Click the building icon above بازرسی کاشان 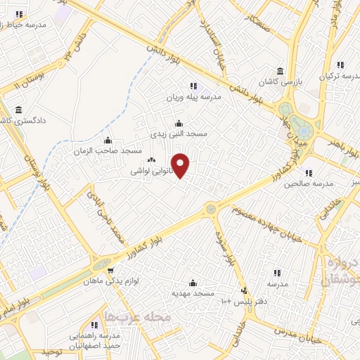(281, 71)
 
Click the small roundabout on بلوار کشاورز (210, 208)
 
